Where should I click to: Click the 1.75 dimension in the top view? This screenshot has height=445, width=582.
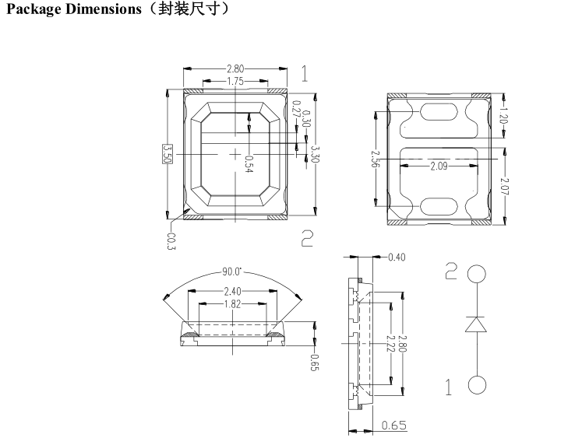tap(233, 81)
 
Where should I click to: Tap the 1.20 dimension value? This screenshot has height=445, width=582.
tap(505, 119)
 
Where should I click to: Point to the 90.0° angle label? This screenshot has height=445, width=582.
tap(231, 272)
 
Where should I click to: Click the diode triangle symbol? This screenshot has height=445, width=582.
tap(476, 324)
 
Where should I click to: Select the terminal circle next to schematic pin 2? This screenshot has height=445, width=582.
tap(477, 274)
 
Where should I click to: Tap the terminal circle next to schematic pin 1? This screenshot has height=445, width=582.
tap(477, 386)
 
